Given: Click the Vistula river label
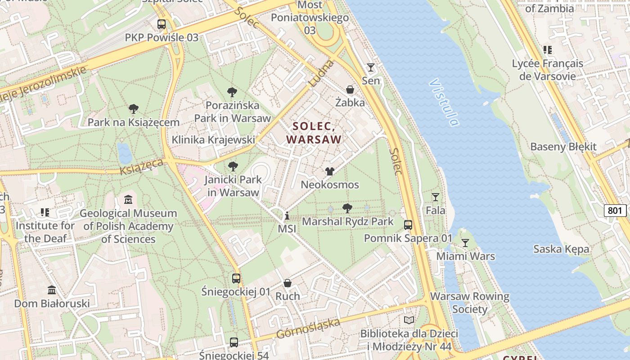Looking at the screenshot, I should [x=444, y=103].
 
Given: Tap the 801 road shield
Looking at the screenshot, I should [x=615, y=211].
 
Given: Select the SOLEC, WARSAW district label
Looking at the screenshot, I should [x=314, y=133].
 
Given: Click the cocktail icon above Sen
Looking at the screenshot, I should [x=371, y=67].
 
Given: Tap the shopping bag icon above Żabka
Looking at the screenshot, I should [x=350, y=90].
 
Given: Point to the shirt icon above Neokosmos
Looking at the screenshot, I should [x=330, y=171].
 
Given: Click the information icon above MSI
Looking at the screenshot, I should [x=287, y=216].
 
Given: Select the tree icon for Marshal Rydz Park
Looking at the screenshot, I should [x=347, y=208].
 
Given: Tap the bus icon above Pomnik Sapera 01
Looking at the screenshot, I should [x=408, y=225].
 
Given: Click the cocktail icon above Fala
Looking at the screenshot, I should [x=435, y=197].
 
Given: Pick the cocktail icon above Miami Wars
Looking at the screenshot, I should [x=465, y=243].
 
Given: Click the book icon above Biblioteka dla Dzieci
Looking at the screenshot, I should [x=409, y=320].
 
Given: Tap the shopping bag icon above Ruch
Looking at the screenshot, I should [x=288, y=283].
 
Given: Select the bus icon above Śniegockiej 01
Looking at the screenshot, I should [x=236, y=278].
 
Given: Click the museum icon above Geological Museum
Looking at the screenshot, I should [x=128, y=199].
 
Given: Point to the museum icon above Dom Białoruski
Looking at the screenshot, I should [x=52, y=290].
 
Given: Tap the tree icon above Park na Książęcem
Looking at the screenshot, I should [x=133, y=108].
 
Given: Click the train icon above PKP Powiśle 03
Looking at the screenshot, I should [x=162, y=24].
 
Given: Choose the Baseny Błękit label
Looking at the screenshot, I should [x=563, y=147].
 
